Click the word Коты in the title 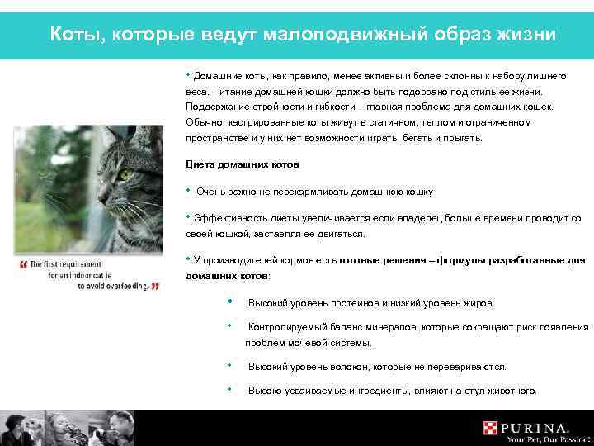(73, 35)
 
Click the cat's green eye (125, 174)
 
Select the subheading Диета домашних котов (230, 164)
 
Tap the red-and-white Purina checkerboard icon (491, 428)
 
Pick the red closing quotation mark (155, 287)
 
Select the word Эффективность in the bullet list (232, 219)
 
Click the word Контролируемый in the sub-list (288, 327)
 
